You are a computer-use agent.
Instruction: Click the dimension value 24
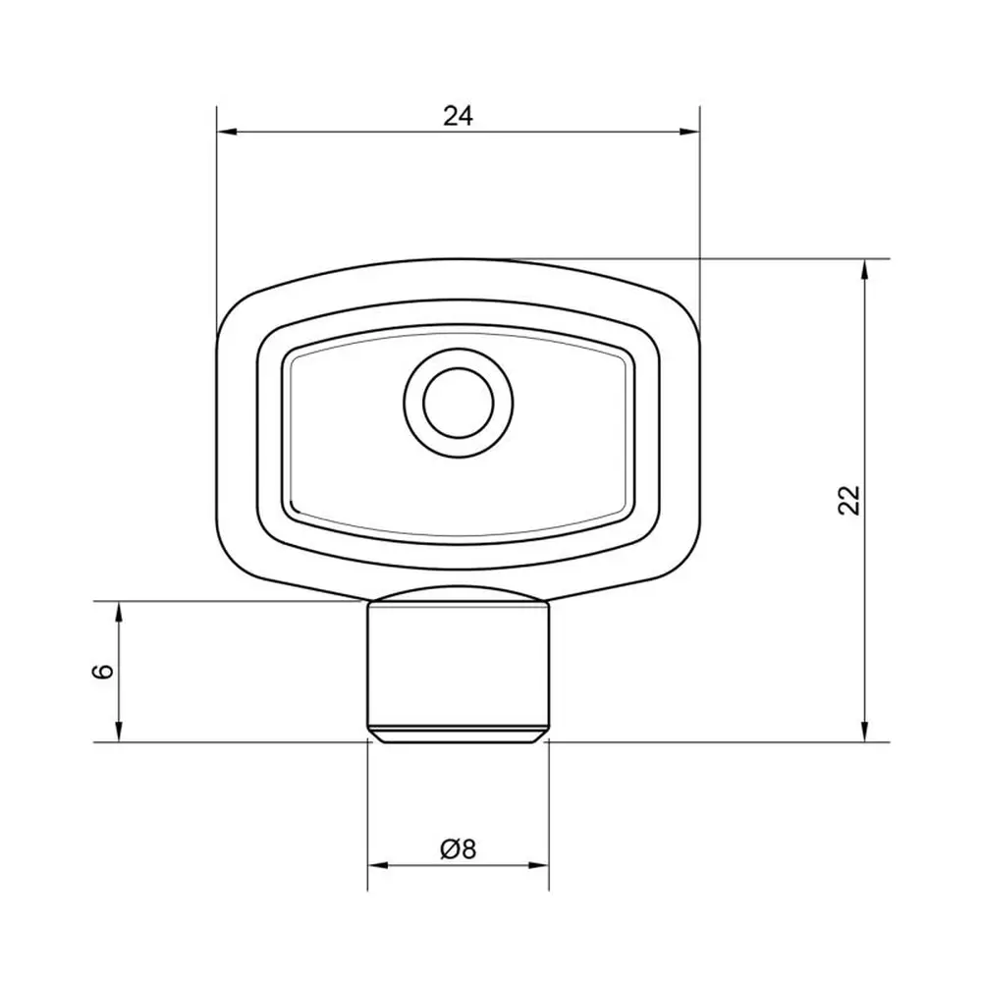click(x=459, y=116)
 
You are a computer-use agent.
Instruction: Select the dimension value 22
click(x=849, y=500)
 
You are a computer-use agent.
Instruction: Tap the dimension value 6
click(x=103, y=671)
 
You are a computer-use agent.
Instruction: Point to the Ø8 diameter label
click(x=459, y=849)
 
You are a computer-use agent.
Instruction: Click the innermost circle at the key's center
click(x=459, y=403)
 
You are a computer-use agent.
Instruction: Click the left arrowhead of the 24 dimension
click(x=226, y=132)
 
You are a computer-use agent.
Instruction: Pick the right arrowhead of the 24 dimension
click(x=689, y=132)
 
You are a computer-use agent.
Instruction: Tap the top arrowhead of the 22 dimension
click(x=865, y=269)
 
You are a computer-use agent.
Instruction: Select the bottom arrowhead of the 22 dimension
click(x=865, y=733)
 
